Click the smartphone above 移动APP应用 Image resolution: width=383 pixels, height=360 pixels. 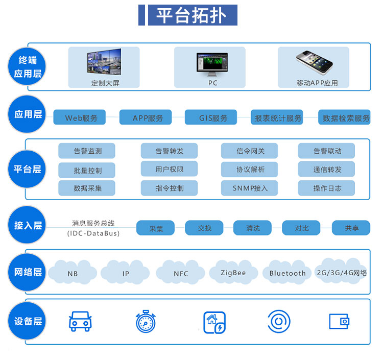click(x=314, y=62)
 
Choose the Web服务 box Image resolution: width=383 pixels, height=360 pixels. click(x=79, y=117)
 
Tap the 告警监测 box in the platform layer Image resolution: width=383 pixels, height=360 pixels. click(x=87, y=151)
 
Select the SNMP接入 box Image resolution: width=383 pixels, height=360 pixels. click(x=250, y=188)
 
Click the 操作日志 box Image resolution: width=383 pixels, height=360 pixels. click(x=327, y=188)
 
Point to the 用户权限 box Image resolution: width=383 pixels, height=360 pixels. click(x=169, y=169)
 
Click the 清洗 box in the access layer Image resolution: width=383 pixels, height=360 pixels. click(x=253, y=228)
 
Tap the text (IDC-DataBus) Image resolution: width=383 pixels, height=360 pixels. click(x=93, y=233)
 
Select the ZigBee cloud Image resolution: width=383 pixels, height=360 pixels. click(x=233, y=272)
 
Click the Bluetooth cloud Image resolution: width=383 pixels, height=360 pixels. click(x=288, y=273)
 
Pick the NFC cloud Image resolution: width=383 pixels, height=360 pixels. click(x=181, y=273)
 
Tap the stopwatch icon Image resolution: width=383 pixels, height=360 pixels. click(x=146, y=322)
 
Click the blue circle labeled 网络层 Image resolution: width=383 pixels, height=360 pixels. click(x=27, y=272)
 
